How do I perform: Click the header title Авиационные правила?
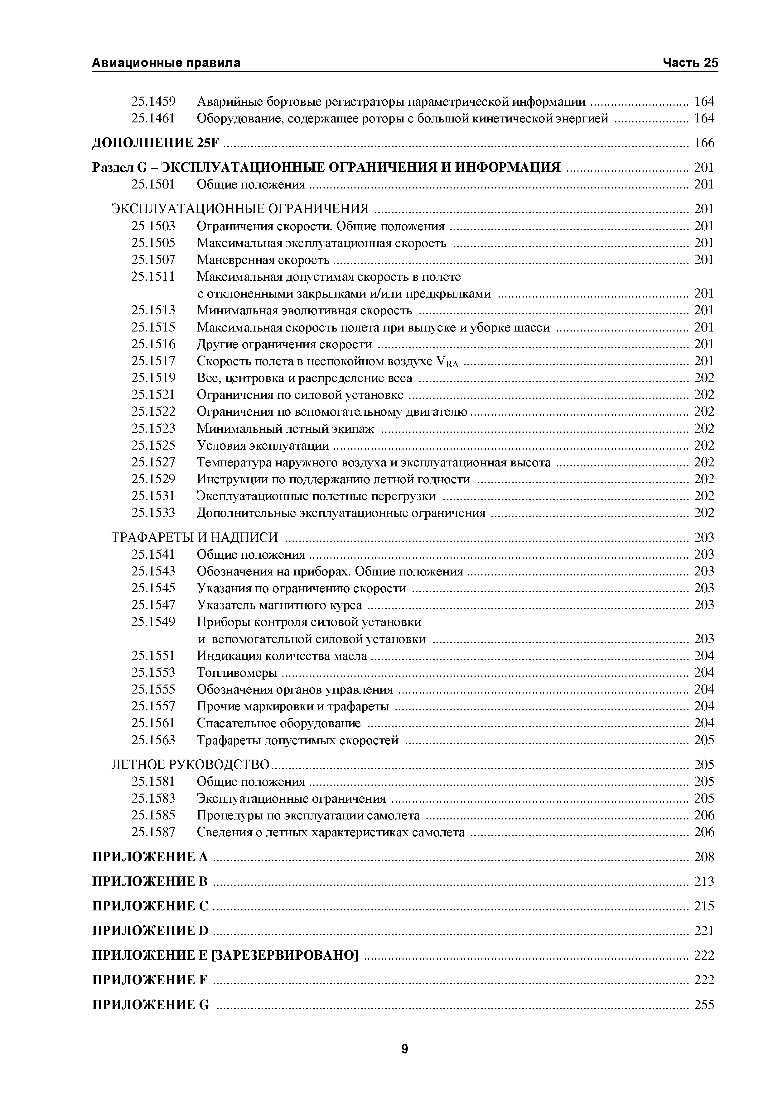pos(166,63)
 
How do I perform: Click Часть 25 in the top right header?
pos(690,63)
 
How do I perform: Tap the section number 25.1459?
pos(153,101)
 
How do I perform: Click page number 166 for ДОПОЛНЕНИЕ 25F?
pos(704,143)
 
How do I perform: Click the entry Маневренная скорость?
pos(263,260)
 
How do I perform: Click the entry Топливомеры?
pos(237,673)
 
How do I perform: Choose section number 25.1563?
pos(153,740)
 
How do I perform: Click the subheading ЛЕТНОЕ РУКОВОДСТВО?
pos(191,765)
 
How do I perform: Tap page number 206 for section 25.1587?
pos(704,832)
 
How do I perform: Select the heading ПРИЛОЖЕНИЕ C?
pos(150,906)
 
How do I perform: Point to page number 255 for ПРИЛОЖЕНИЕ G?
pos(704,1005)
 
